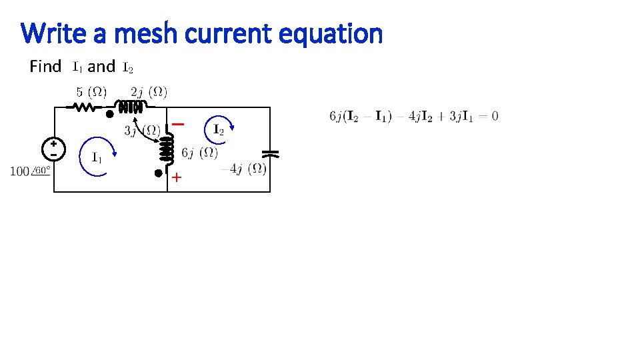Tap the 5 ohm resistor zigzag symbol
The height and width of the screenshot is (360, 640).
(85, 107)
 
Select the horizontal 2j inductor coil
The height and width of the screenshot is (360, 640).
(131, 107)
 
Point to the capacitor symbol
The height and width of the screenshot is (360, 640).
(270, 153)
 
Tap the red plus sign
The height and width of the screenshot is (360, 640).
(177, 178)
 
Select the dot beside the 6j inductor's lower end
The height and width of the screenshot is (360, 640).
(157, 173)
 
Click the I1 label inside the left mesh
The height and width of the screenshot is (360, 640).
(97, 158)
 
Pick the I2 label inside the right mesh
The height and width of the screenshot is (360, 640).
(218, 129)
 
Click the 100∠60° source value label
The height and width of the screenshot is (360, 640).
(30, 171)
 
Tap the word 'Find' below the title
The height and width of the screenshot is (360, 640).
(45, 67)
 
